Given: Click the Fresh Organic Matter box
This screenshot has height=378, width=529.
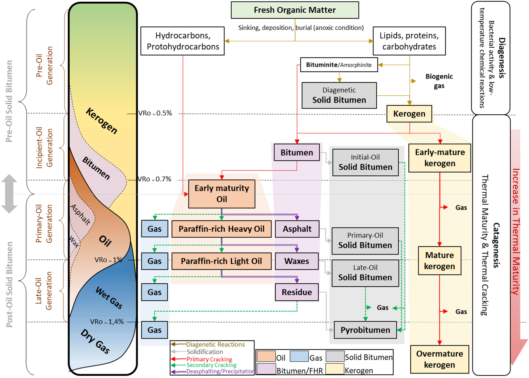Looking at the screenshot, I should (295, 10).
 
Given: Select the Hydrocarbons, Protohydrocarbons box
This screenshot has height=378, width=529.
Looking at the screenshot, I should (182, 41).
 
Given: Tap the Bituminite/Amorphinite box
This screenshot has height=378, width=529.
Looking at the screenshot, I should (339, 65).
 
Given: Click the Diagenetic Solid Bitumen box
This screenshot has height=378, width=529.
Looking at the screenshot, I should (339, 95).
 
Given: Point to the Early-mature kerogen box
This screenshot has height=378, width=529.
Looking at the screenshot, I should (439, 158).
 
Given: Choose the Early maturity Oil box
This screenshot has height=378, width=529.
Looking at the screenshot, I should (221, 194).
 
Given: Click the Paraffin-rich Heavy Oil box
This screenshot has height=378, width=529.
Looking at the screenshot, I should (221, 229).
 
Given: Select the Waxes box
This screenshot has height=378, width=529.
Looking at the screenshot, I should (297, 261).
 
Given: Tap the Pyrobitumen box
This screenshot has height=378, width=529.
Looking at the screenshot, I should (365, 330).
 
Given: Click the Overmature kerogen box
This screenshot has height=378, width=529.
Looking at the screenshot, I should (439, 359).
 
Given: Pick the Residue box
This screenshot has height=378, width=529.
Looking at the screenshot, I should (297, 292).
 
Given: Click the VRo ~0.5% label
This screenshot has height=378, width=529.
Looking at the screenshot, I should (155, 113).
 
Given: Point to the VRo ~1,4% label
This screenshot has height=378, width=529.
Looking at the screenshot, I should (107, 322).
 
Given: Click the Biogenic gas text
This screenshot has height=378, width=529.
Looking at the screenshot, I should (439, 81).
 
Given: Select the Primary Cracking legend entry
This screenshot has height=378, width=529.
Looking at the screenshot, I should (209, 359).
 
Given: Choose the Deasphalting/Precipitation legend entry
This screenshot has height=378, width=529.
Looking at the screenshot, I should (220, 371).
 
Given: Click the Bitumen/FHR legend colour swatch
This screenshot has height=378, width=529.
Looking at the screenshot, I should (266, 369).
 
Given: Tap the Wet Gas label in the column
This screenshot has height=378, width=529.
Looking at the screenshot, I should (109, 298).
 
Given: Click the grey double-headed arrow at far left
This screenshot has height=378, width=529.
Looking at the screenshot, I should (9, 194).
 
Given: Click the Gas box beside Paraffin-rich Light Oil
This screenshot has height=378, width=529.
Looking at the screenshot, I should (154, 261).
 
